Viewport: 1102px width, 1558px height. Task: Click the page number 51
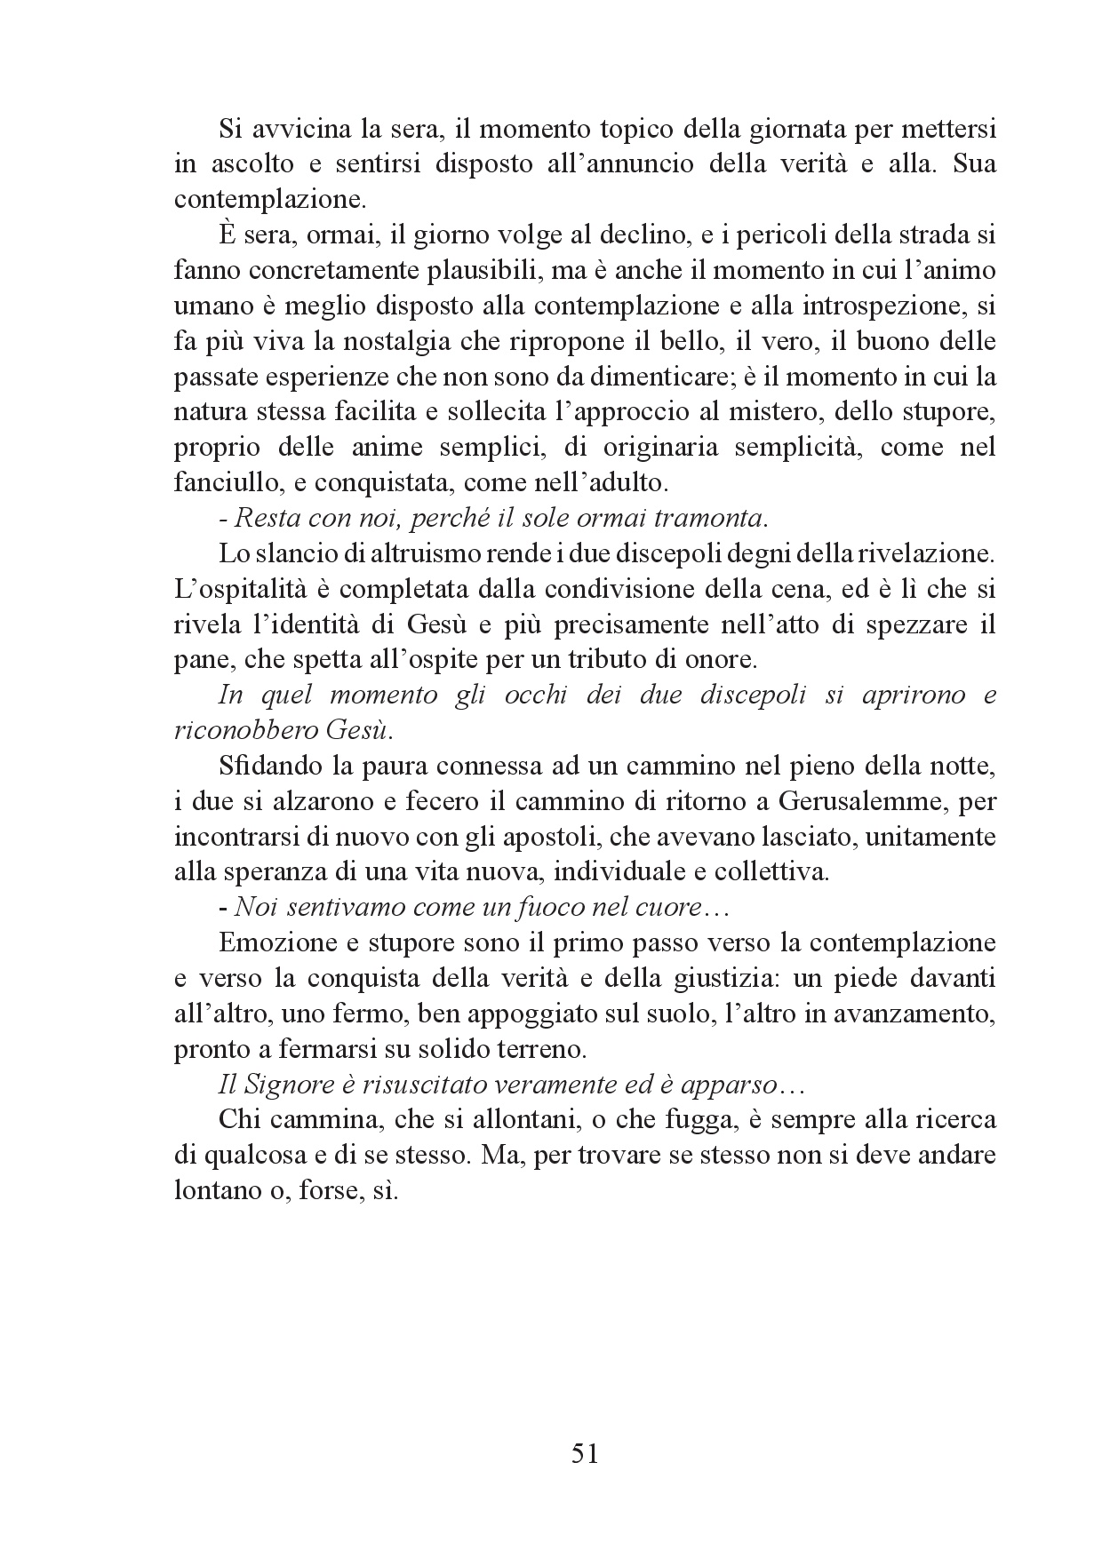point(584,1454)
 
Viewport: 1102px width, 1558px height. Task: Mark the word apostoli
point(615,837)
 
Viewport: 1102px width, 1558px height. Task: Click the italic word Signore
point(282,1085)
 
